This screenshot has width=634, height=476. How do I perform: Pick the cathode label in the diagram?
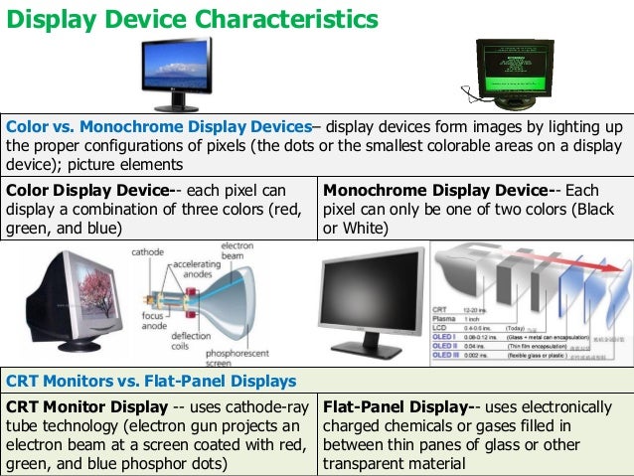pyautogui.click(x=149, y=252)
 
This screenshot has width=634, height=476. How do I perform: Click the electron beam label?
pyautogui.click(x=238, y=251)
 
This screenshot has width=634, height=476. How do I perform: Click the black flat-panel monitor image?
pyautogui.click(x=370, y=298)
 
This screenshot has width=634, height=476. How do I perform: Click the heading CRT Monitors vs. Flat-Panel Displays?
pyautogui.click(x=151, y=381)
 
